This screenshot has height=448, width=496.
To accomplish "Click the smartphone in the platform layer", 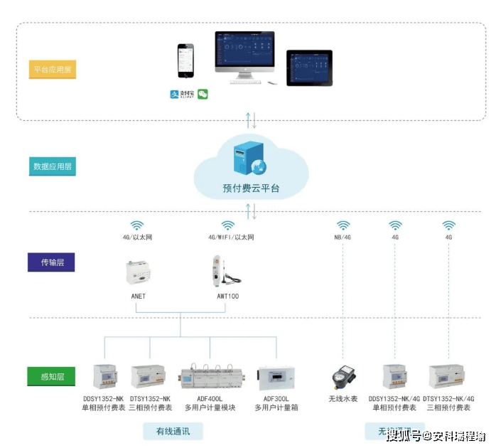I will pos(185,63).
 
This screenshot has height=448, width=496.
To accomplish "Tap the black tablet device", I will pos(309,67).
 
